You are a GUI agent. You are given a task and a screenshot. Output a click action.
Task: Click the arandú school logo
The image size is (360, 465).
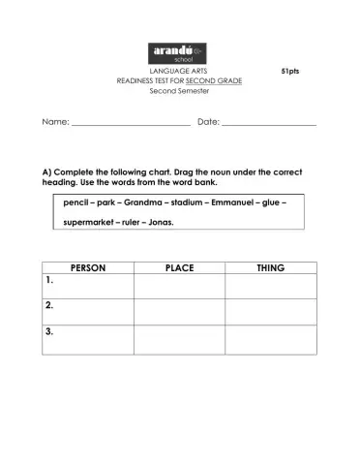[x=179, y=52]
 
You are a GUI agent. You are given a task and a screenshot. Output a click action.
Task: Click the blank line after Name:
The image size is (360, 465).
[x=131, y=123]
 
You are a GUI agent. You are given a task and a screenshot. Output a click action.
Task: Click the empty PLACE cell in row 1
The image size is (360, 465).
[x=180, y=286]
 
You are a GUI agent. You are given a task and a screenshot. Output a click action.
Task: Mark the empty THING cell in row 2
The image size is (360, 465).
[x=270, y=312]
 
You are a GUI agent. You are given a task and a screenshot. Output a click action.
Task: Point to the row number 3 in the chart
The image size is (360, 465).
[x=49, y=332]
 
